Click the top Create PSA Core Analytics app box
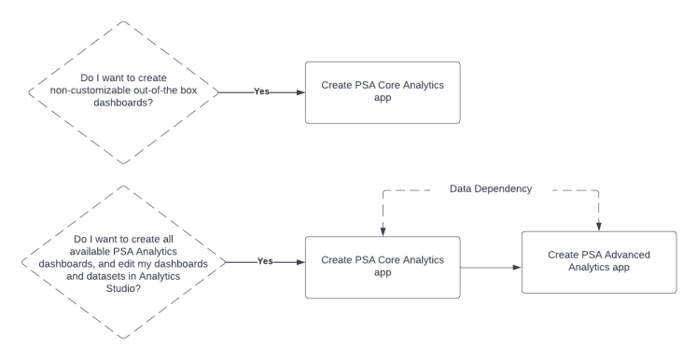383,91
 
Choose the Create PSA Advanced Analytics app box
598,261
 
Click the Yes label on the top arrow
262,91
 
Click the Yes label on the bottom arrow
265,262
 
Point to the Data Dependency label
491,188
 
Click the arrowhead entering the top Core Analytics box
300,91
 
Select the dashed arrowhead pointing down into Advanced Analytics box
598,225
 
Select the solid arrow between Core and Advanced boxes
489,268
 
